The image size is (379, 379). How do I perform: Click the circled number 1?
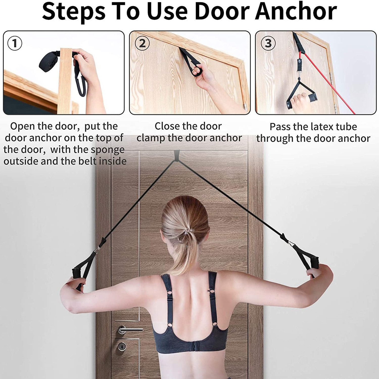[x=15, y=43]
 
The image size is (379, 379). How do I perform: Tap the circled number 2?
[x=142, y=43]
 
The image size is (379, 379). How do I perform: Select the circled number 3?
[x=268, y=43]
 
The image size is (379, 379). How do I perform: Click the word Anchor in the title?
[x=296, y=11]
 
